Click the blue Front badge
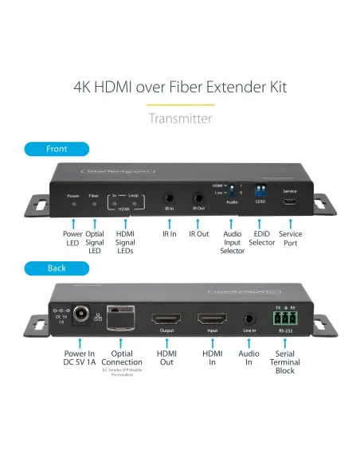(x=57, y=149)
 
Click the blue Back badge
(x=57, y=268)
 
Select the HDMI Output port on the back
(x=166, y=318)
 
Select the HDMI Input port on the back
(x=211, y=318)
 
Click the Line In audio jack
(x=250, y=318)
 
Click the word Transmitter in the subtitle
(x=180, y=119)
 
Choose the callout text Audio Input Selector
(x=233, y=243)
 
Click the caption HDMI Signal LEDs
(x=124, y=243)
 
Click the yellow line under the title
(x=180, y=104)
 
